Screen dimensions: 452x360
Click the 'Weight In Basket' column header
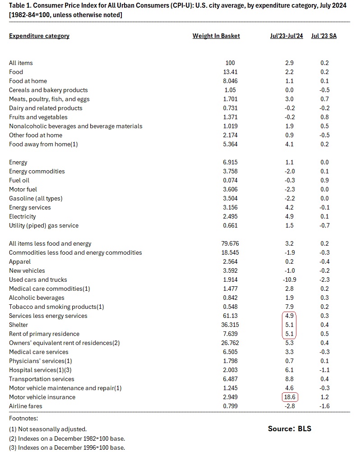(216, 36)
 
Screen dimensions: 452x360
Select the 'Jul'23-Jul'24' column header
(286, 36)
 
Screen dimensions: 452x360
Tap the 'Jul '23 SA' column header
(324, 36)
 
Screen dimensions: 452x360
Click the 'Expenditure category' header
(39, 36)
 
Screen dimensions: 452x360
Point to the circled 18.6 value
(290, 397)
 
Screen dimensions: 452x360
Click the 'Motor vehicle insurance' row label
(42, 397)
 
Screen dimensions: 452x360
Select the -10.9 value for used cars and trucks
(290, 280)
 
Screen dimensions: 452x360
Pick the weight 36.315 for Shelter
(230, 325)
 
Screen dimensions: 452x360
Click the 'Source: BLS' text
(289, 429)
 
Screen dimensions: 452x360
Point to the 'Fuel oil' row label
(20, 180)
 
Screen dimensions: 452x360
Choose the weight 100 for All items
(230, 63)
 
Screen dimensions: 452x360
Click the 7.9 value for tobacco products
(290, 307)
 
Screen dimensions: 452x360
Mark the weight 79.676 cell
(230, 243)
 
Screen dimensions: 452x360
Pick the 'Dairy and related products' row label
(46, 108)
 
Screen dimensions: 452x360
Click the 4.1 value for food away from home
(290, 144)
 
